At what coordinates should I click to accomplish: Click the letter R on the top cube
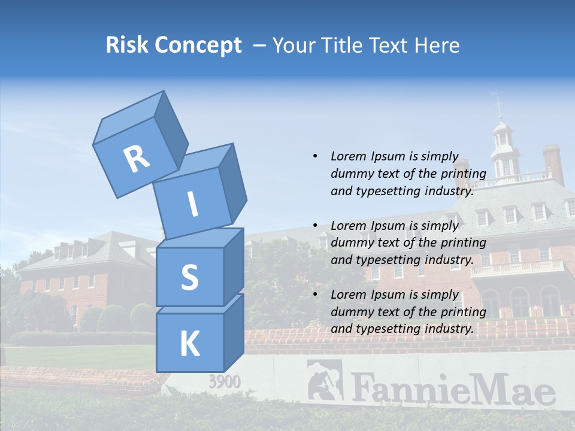click(137, 159)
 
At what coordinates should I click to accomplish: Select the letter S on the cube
click(189, 278)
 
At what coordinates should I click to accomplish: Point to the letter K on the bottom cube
click(189, 344)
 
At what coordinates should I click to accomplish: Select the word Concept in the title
click(198, 45)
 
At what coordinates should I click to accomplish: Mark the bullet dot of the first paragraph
click(315, 156)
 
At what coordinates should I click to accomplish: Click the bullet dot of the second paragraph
click(315, 226)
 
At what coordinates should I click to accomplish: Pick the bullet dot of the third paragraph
click(315, 295)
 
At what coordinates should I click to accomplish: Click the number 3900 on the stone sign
click(225, 381)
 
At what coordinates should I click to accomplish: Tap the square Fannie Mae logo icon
click(325, 380)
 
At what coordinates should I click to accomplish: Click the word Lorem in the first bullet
click(347, 156)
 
